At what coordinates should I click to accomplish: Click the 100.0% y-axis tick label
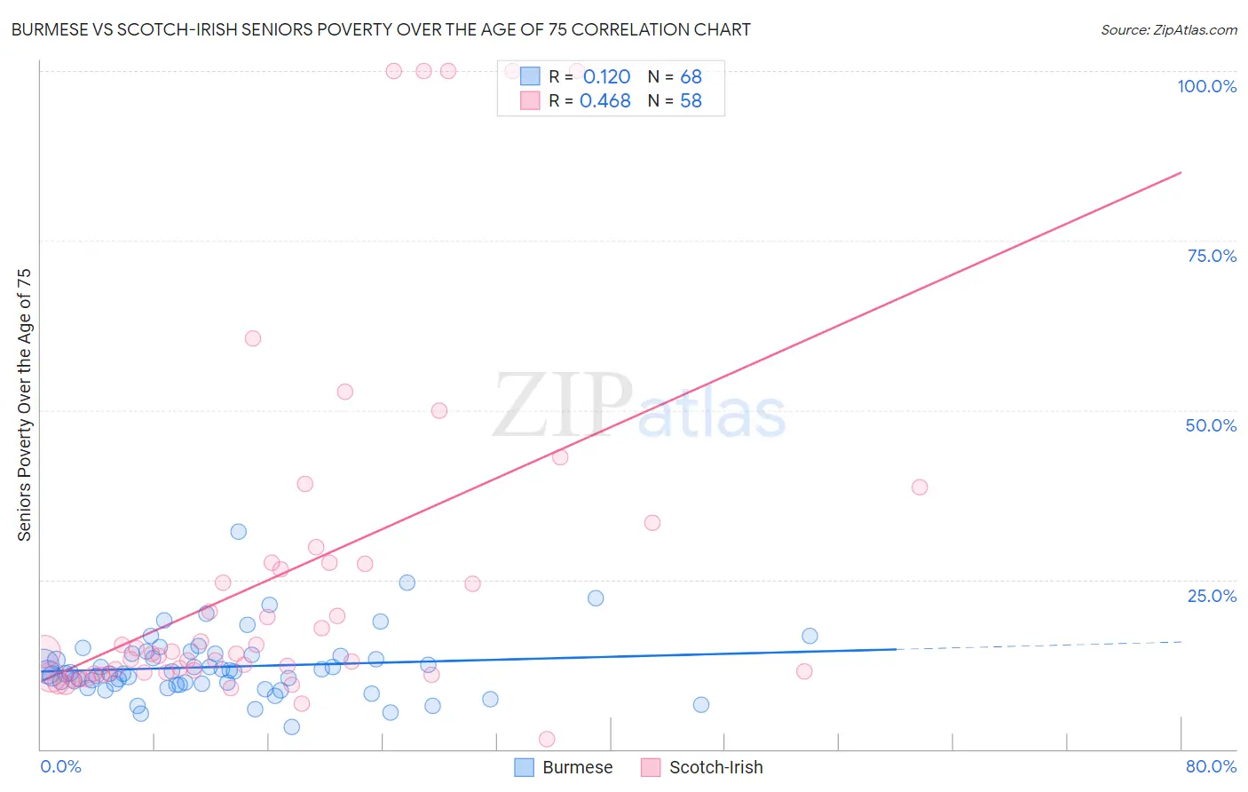point(1206,86)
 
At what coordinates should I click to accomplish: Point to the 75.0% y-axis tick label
point(1212,256)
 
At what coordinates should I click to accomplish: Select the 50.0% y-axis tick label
point(1211,425)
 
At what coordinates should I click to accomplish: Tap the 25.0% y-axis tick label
point(1212,596)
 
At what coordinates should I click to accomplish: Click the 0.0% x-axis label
point(60,766)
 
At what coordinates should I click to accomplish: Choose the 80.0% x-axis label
point(1211,766)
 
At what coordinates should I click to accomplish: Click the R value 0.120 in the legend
point(606,77)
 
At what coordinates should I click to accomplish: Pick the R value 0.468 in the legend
point(604,101)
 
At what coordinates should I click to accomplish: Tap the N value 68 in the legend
point(691,77)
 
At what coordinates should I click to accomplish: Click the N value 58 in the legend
point(691,101)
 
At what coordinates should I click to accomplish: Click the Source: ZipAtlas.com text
point(1168,30)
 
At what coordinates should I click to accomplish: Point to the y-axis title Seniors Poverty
point(25,404)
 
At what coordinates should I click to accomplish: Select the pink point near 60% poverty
point(253,338)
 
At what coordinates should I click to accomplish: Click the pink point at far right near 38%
point(920,487)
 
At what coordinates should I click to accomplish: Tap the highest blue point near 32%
point(239,532)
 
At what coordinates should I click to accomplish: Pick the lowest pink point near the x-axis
point(547,740)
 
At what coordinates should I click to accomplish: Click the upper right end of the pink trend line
point(1181,172)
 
